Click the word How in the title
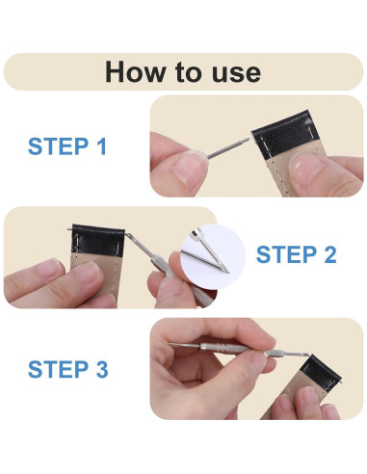[x=134, y=72]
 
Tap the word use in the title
[x=236, y=73]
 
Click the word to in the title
[x=189, y=72]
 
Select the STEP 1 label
[x=67, y=146]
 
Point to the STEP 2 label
[x=297, y=254]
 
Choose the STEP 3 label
[x=68, y=369]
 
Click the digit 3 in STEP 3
[x=102, y=369]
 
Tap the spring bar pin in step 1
[x=228, y=148]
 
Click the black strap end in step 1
[x=285, y=134]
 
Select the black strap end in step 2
[x=97, y=240]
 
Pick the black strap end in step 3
[x=322, y=373]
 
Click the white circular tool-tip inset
[x=213, y=252]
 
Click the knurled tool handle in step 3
[x=224, y=349]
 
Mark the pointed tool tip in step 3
[x=170, y=344]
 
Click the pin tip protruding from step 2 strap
[x=69, y=228]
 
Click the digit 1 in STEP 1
[x=102, y=146]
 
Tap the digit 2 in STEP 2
[x=330, y=254]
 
